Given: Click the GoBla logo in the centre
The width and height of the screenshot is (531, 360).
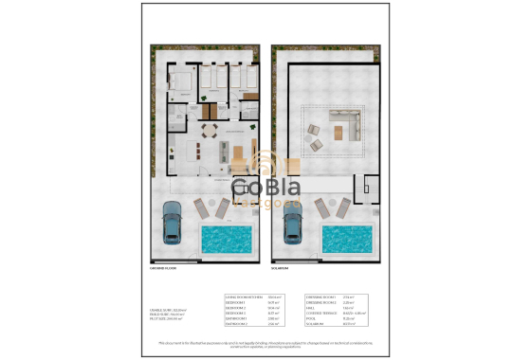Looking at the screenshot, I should [265, 189].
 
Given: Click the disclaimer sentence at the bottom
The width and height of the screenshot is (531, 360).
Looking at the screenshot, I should [265, 343].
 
